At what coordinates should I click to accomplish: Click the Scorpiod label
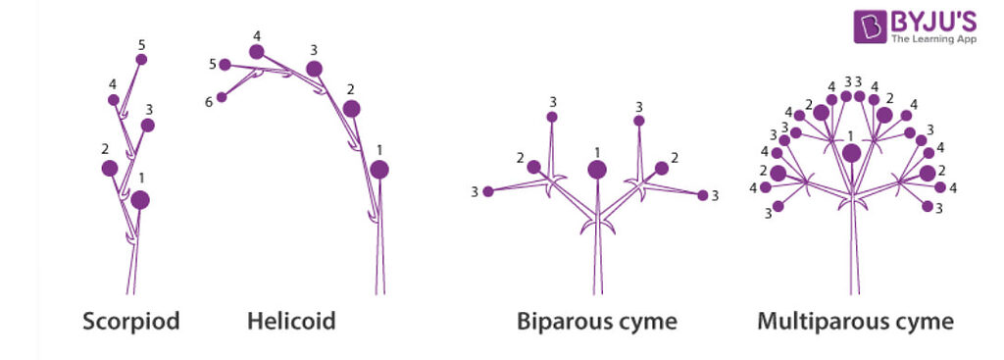[130, 321]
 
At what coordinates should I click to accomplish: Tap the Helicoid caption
[291, 321]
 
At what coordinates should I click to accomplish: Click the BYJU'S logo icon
[870, 26]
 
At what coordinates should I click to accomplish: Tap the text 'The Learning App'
[932, 39]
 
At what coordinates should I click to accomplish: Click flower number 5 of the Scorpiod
[141, 60]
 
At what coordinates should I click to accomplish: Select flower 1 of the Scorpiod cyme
[140, 200]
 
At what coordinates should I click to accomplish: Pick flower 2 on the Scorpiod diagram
[110, 169]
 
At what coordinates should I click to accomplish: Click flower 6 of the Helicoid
[223, 97]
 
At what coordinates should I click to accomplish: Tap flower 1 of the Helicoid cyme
[379, 170]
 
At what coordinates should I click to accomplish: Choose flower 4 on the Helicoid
[257, 52]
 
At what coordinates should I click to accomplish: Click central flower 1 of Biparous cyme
[597, 170]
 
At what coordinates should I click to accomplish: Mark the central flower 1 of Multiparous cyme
[851, 153]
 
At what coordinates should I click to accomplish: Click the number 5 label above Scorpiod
[141, 45]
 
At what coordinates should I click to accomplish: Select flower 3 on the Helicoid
[314, 69]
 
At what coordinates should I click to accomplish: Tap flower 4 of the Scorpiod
[114, 100]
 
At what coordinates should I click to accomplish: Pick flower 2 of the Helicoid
[351, 108]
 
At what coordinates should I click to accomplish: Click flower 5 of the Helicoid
[225, 65]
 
